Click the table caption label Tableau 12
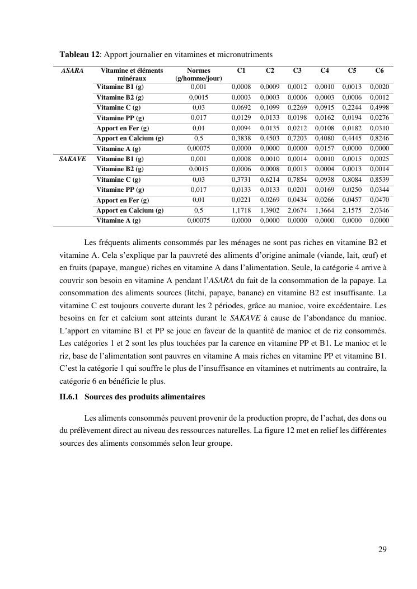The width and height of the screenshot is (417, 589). click(79, 54)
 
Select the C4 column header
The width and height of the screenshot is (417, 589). click(325, 71)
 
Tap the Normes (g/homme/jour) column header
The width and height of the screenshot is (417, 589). click(199, 74)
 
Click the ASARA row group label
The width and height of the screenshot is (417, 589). click(72, 71)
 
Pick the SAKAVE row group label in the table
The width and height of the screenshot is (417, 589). click(73, 159)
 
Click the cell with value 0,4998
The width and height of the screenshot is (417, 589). click(379, 107)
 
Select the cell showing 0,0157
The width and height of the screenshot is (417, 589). click(325, 149)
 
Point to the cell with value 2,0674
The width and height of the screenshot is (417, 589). click(297, 210)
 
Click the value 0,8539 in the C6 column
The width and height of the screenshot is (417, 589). click(379, 180)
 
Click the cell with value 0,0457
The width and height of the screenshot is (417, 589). click(352, 200)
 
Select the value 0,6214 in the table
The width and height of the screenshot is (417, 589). click(270, 180)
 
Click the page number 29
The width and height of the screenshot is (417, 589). click(382, 549)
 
